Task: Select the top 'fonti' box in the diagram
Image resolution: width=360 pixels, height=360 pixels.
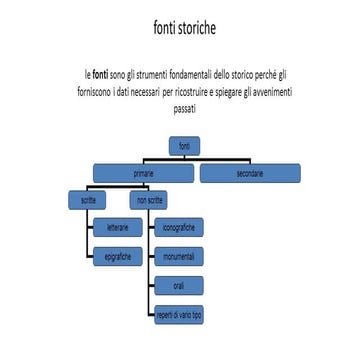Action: [183, 148]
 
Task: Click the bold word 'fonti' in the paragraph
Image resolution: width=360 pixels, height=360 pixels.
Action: [101, 73]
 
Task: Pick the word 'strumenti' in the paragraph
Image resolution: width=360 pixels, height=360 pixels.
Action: [145, 73]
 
